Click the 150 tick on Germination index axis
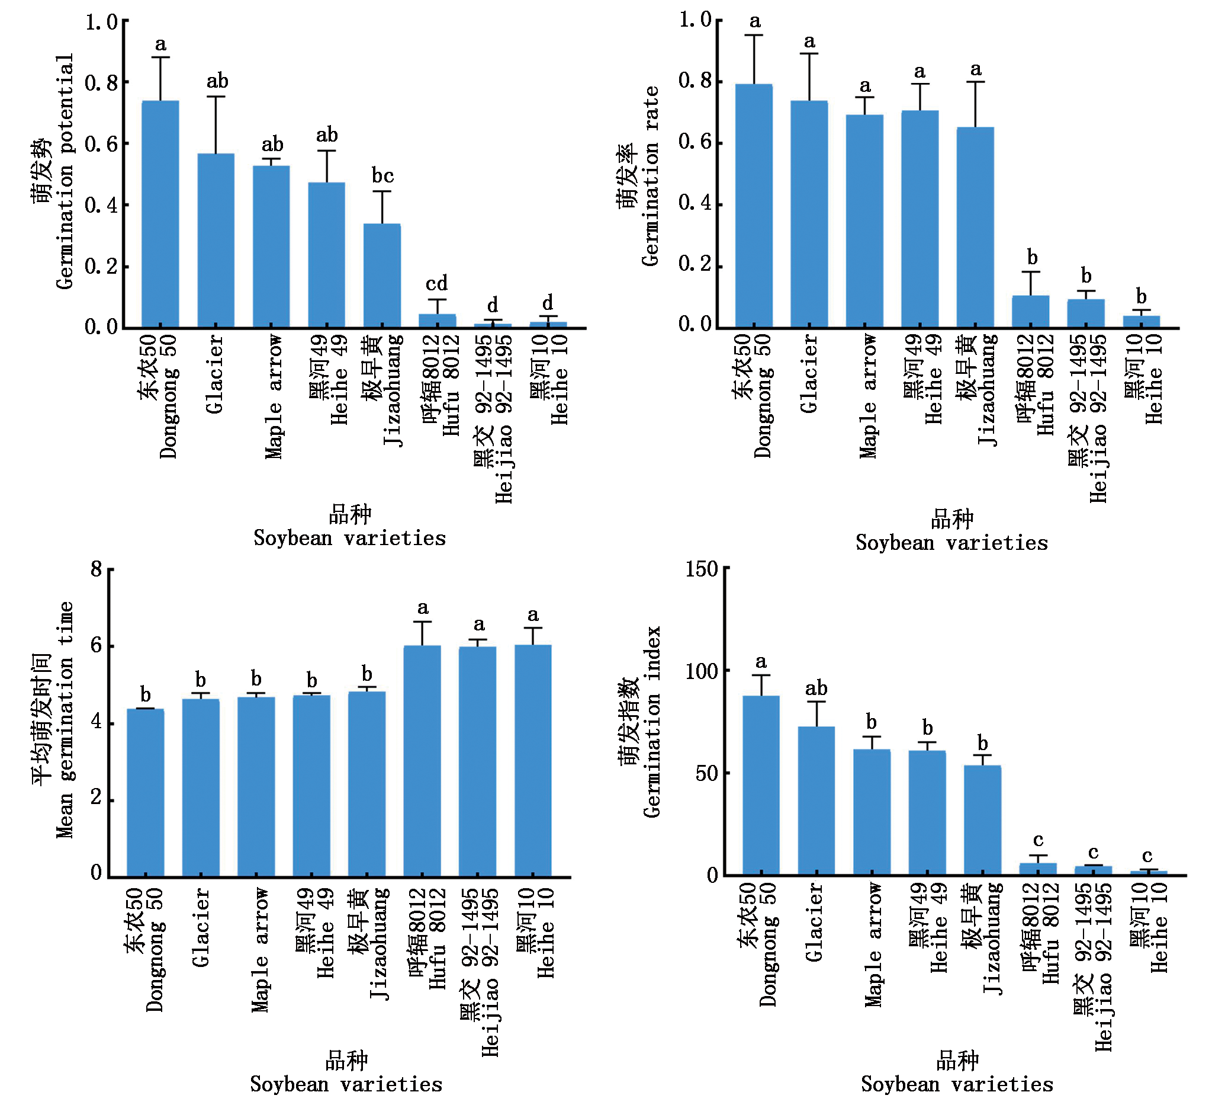702,568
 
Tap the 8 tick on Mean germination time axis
96,568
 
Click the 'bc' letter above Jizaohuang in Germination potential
382,175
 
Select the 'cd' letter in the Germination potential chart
437,283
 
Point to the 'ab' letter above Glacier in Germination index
816,688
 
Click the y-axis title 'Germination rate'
651,175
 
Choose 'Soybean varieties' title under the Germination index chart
957,1084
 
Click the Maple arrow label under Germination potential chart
274,397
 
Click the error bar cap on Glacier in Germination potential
216,96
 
